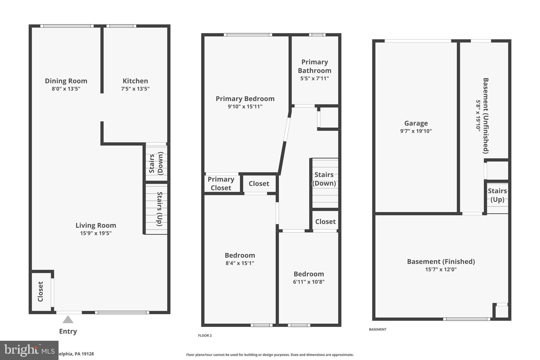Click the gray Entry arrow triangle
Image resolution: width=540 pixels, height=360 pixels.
pos(68,320)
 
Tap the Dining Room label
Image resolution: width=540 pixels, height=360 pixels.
pos(66,81)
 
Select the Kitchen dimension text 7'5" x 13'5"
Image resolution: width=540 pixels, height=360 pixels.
pos(135,89)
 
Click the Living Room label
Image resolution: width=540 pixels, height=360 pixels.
pos(96,225)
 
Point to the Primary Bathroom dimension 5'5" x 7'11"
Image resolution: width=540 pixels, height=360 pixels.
pos(315,78)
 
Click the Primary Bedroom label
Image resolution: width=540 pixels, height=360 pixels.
pos(245,99)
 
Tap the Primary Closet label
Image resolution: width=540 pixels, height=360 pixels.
pos(221,184)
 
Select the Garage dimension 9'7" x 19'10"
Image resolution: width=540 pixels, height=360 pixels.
pos(416,131)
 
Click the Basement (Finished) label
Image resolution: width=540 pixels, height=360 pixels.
pos(441,262)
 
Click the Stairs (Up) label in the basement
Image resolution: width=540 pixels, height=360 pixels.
pos(497,195)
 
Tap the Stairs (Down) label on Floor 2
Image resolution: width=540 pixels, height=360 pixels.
pos(324,179)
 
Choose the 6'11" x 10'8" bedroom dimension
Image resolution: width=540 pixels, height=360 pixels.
pos(309,282)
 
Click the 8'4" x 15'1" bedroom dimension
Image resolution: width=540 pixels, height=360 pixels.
pos(240,263)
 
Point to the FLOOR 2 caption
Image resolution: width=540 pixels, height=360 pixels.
pos(205,335)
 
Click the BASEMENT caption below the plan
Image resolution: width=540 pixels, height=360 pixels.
pos(378,329)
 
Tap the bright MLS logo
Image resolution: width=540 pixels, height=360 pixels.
pos(29,350)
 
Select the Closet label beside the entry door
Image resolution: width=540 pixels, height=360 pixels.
pos(40,291)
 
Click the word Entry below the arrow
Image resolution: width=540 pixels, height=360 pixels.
pos(68,332)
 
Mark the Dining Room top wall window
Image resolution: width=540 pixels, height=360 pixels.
pos(67,26)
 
